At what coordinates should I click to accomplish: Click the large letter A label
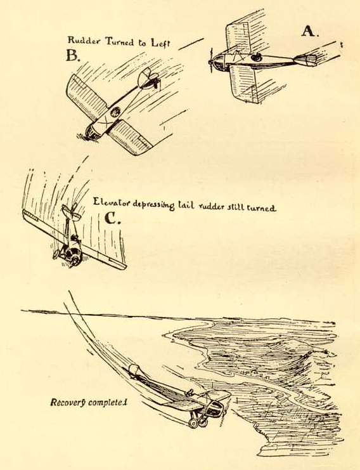309,31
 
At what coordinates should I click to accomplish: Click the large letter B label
73,55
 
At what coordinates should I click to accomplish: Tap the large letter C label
113,219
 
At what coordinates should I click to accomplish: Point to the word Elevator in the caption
112,202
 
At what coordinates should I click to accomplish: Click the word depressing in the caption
153,204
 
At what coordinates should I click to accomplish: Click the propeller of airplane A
211,62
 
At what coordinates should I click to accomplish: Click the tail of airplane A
305,60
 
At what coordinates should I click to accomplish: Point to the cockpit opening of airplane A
256,57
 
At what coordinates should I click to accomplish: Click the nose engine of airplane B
93,133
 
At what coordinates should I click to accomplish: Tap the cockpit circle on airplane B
115,113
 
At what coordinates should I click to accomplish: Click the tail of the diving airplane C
71,213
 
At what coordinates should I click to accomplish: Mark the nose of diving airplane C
72,257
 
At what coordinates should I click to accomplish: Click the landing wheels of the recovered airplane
198,422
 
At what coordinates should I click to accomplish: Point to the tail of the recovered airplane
134,370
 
